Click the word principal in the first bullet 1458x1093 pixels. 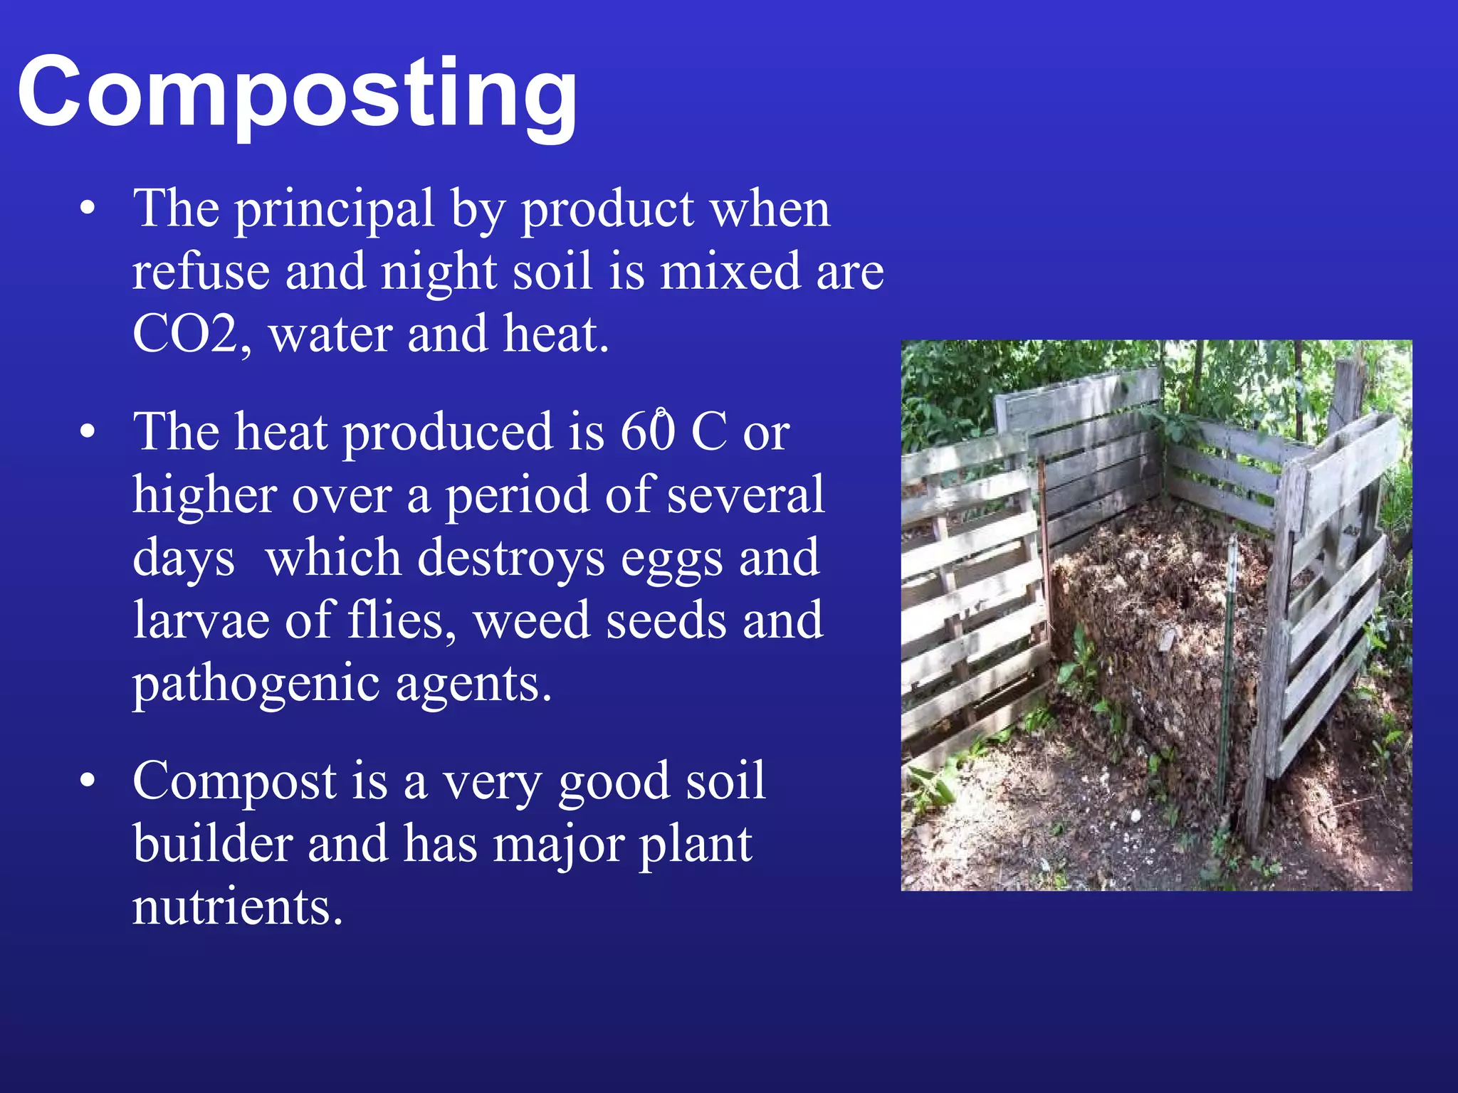334,211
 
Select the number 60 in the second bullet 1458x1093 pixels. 646,433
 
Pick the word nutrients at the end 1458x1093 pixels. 238,908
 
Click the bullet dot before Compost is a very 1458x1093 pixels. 87,781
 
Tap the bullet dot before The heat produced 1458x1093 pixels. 87,432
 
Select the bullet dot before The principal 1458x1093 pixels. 87,209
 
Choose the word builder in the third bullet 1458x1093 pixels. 212,845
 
